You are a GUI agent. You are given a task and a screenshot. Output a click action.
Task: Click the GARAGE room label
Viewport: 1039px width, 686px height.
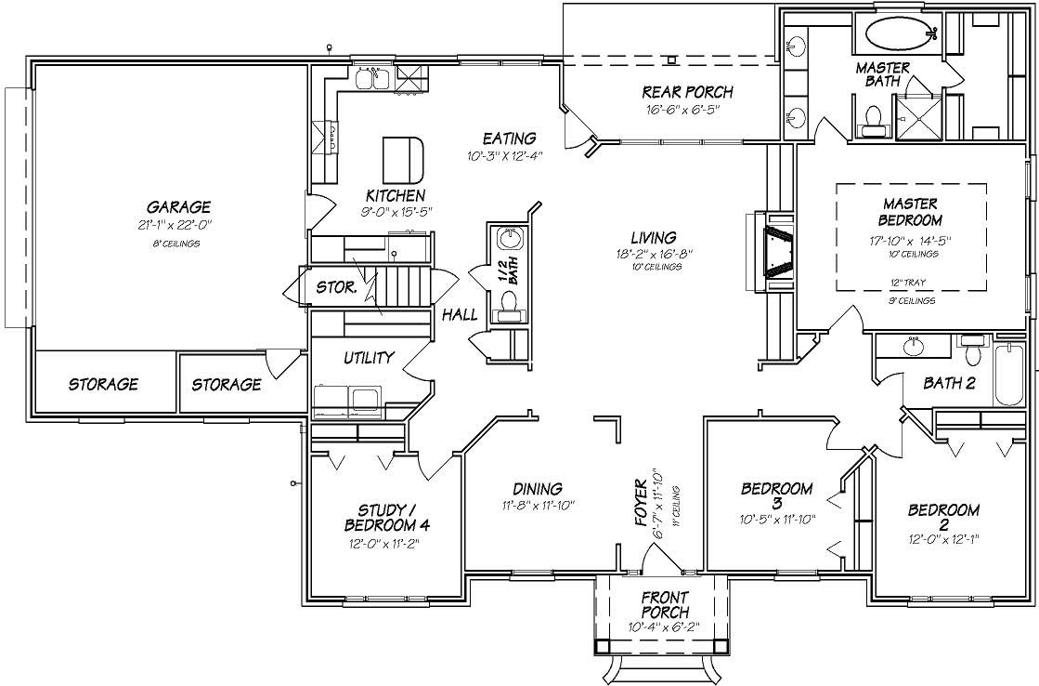[x=177, y=206]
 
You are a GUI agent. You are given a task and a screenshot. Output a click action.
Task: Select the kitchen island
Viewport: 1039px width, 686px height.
[x=404, y=160]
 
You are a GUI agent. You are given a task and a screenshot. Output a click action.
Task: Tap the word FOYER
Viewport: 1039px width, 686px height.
[x=641, y=505]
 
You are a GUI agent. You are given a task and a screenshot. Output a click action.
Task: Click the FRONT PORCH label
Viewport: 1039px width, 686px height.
[x=665, y=605]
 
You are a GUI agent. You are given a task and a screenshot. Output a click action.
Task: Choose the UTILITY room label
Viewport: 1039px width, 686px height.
[x=369, y=357]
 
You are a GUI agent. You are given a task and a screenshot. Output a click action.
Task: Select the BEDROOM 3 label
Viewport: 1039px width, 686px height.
[x=776, y=495]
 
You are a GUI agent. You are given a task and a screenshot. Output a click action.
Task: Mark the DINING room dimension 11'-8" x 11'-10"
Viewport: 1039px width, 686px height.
[x=537, y=506]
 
